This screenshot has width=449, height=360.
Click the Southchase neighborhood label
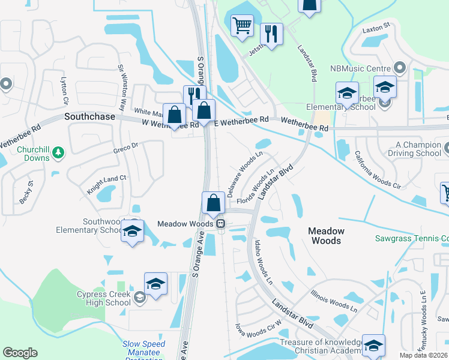point(89,117)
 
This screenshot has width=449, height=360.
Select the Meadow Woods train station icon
point(221,224)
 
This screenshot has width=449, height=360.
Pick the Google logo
point(20,353)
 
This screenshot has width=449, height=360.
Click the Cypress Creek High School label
point(103,298)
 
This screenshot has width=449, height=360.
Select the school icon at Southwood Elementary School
point(132,232)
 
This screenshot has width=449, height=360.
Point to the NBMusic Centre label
point(360,68)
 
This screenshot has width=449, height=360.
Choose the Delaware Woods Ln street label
point(244,174)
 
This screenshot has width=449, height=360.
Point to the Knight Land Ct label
point(107,184)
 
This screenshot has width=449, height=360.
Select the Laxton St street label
point(376,26)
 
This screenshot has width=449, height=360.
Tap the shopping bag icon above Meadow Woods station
point(213,203)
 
